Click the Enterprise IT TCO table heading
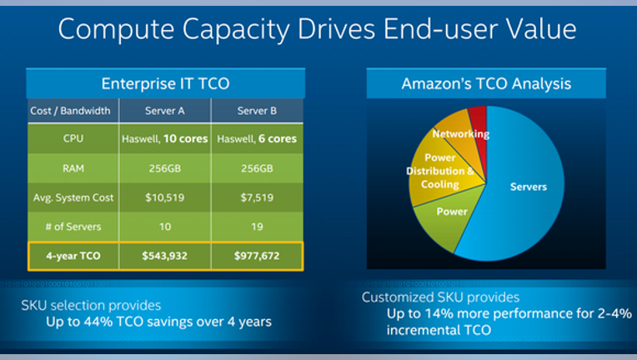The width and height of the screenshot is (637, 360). point(165,83)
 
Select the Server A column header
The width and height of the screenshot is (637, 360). point(165,111)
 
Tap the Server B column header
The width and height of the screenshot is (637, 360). point(257,111)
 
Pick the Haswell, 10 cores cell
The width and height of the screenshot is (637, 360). point(165,139)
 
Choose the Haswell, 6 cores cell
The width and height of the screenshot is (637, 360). point(257,139)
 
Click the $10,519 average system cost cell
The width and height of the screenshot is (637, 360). point(165,197)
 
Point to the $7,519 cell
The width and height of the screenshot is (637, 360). point(257,197)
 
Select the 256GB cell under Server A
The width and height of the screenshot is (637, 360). point(165,168)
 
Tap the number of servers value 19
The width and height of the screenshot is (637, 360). point(257,227)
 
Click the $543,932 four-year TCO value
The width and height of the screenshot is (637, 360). point(165,256)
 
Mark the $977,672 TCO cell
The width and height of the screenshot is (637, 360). point(257,256)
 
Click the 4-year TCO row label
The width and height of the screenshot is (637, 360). point(73,256)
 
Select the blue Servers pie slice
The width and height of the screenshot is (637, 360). point(524,187)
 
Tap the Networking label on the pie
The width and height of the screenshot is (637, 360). point(461,134)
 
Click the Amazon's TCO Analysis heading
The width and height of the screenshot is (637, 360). point(486,83)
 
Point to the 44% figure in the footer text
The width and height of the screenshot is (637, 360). point(98,322)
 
